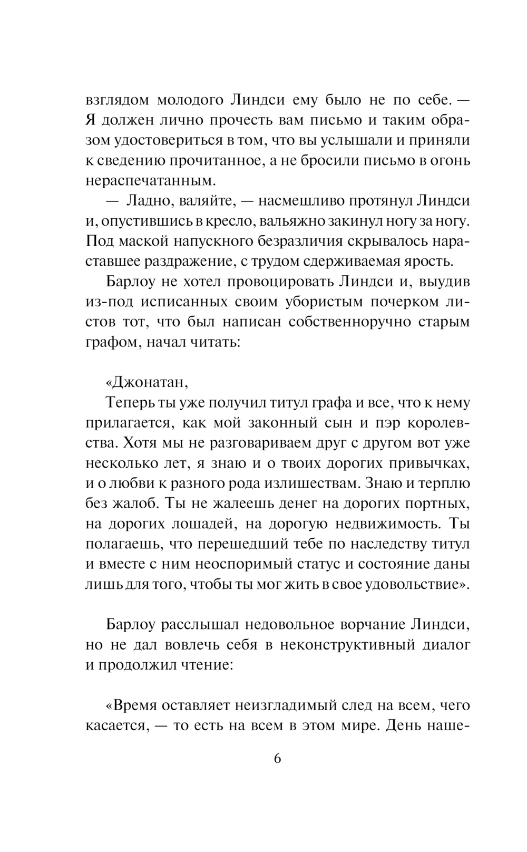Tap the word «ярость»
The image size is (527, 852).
(427, 260)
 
